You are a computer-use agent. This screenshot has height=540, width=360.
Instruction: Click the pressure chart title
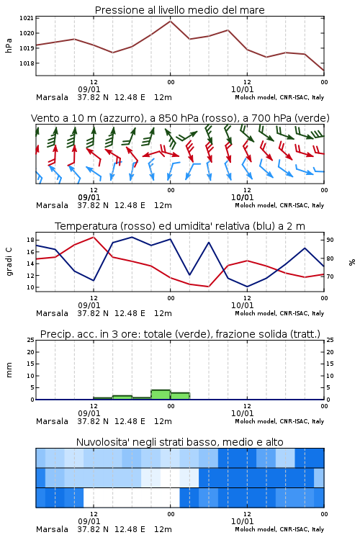pos(179,10)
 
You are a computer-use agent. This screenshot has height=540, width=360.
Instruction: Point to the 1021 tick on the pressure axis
pos(26,18)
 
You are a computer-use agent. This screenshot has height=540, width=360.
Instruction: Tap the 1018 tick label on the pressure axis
pos(26,63)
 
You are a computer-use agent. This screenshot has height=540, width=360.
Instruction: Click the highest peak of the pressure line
pos(170,21)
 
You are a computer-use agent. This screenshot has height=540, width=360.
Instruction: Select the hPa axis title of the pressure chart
pos(9,45)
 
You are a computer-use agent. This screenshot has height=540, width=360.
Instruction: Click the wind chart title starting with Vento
pos(180,118)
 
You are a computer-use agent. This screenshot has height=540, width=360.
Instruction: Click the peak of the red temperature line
pos(94,237)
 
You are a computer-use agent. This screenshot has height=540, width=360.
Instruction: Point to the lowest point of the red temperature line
pos(208,287)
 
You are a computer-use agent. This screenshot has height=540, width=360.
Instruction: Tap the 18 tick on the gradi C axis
pos(30,240)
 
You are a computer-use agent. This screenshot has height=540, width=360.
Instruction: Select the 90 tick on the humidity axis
pos(330,240)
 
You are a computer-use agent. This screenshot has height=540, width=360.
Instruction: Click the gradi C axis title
pos(9,261)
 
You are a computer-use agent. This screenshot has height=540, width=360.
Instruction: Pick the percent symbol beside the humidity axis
pos(352,262)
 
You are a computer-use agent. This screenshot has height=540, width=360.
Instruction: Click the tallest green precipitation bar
pos(161,395)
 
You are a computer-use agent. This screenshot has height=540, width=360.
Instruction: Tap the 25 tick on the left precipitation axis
pos(30,341)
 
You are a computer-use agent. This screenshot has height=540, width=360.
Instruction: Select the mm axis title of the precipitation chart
pos(9,370)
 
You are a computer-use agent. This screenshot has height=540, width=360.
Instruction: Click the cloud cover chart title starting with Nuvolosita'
pos(179,442)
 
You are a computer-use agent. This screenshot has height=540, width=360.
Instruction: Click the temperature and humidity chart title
pos(180,226)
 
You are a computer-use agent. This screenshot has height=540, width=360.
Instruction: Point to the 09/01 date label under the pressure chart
pos(89,89)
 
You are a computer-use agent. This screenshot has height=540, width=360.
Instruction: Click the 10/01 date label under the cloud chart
pos(242,521)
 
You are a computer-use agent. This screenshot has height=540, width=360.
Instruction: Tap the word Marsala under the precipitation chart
pos(52,421)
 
